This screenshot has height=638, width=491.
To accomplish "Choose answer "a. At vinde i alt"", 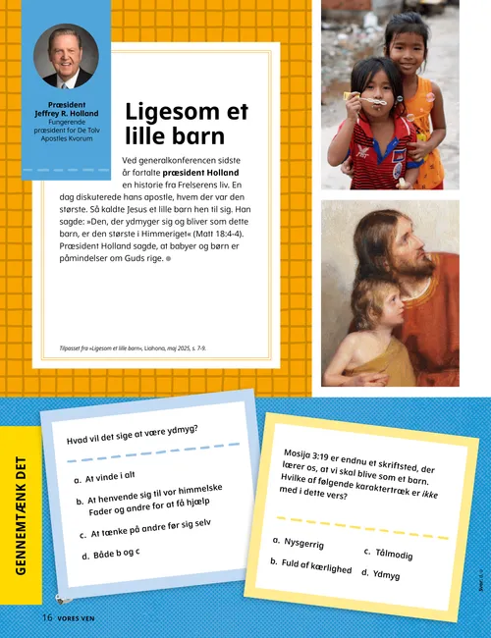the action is click(x=104, y=477).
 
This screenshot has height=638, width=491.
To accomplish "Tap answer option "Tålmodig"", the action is click(x=393, y=555).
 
